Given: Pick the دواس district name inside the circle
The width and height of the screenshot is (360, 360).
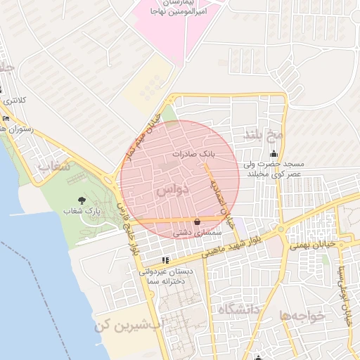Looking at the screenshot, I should [x=169, y=191].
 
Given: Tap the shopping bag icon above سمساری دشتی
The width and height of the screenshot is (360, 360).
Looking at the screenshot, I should [x=197, y=222].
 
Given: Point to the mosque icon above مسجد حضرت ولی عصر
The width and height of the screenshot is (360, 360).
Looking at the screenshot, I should [x=274, y=154].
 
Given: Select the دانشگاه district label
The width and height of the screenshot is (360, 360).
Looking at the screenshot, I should [x=238, y=309].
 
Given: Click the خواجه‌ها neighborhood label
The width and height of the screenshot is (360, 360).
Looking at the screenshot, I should [x=302, y=316].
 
